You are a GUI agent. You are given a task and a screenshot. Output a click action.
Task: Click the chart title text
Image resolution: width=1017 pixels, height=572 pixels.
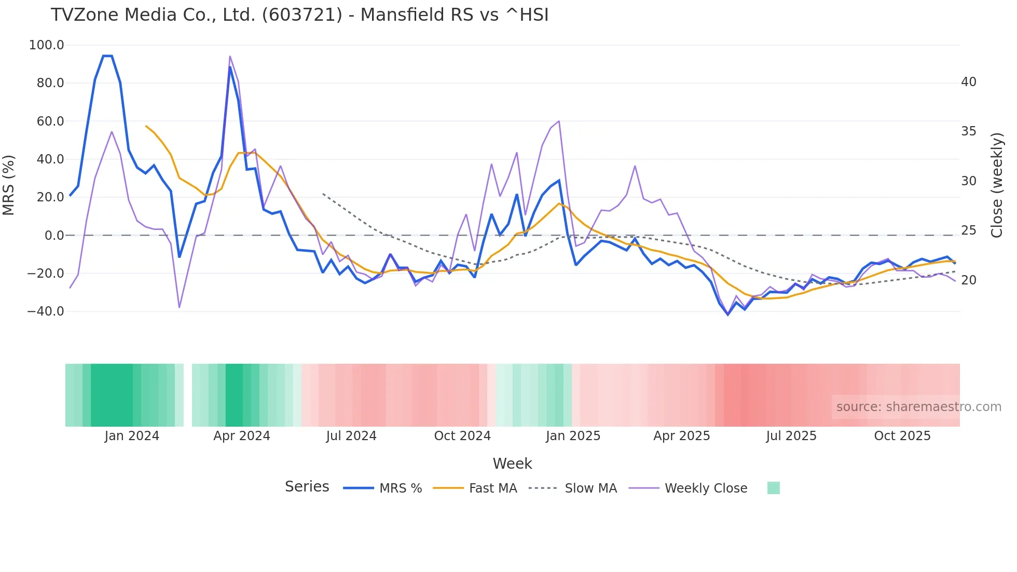point(299,15)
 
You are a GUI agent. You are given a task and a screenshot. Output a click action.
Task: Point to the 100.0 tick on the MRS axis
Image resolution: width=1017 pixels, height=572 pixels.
point(46,45)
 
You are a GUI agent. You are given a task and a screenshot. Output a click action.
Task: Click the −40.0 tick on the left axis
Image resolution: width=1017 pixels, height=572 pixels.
point(45,311)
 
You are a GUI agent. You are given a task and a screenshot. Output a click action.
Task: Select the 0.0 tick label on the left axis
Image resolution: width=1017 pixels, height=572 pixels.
point(54,235)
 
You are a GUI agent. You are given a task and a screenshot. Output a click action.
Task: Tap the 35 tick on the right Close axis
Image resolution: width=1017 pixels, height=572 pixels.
point(968,131)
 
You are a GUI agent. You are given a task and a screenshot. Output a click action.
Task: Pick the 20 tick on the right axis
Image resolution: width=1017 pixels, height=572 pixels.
point(968,280)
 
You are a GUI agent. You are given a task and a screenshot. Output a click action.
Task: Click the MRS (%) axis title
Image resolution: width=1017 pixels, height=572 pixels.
point(9,185)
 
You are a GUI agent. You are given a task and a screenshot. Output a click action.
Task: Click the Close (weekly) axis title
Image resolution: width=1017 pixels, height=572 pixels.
point(996,185)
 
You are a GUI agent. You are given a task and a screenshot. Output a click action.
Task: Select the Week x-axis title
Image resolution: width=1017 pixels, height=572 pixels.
point(512,464)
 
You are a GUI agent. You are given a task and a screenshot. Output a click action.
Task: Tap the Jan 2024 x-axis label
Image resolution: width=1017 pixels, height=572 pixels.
point(132,436)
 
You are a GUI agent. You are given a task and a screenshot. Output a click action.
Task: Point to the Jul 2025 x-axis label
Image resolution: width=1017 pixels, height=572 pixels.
point(791,436)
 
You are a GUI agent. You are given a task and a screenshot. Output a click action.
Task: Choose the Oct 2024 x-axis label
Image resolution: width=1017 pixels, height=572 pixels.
point(462,436)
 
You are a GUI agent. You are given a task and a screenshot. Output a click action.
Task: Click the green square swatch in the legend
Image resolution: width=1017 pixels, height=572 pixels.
point(773,488)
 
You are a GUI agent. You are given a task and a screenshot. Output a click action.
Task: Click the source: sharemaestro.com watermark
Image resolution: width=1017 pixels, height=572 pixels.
point(918,407)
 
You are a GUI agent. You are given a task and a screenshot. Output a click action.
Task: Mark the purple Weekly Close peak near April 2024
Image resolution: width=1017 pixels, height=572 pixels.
point(230,56)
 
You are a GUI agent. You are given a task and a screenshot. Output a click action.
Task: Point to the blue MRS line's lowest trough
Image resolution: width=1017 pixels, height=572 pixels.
point(728,315)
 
